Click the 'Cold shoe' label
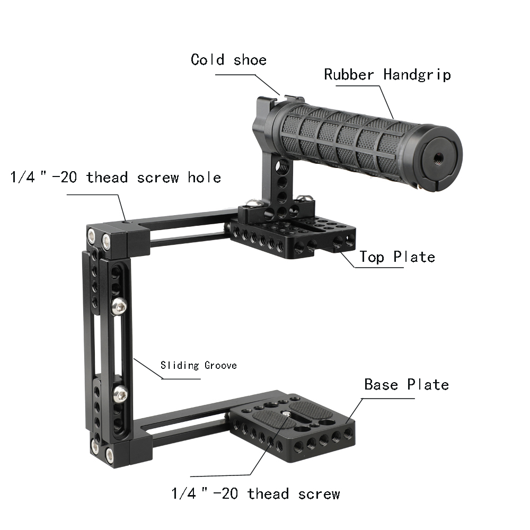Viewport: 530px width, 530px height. tap(228, 59)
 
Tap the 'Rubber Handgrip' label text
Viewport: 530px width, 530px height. tap(387, 74)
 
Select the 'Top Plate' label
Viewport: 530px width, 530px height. tap(397, 257)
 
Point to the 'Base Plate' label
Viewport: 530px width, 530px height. tap(406, 384)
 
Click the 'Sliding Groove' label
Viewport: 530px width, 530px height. tap(198, 365)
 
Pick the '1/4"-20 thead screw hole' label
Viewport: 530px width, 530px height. tap(116, 177)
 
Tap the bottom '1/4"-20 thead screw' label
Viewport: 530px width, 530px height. tap(255, 494)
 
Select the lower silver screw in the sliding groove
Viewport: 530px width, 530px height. tap(120, 393)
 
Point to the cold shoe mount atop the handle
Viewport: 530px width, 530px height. tap(286, 99)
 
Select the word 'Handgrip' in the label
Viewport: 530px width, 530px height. tap(417, 74)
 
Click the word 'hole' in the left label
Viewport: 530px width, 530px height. tap(204, 177)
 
